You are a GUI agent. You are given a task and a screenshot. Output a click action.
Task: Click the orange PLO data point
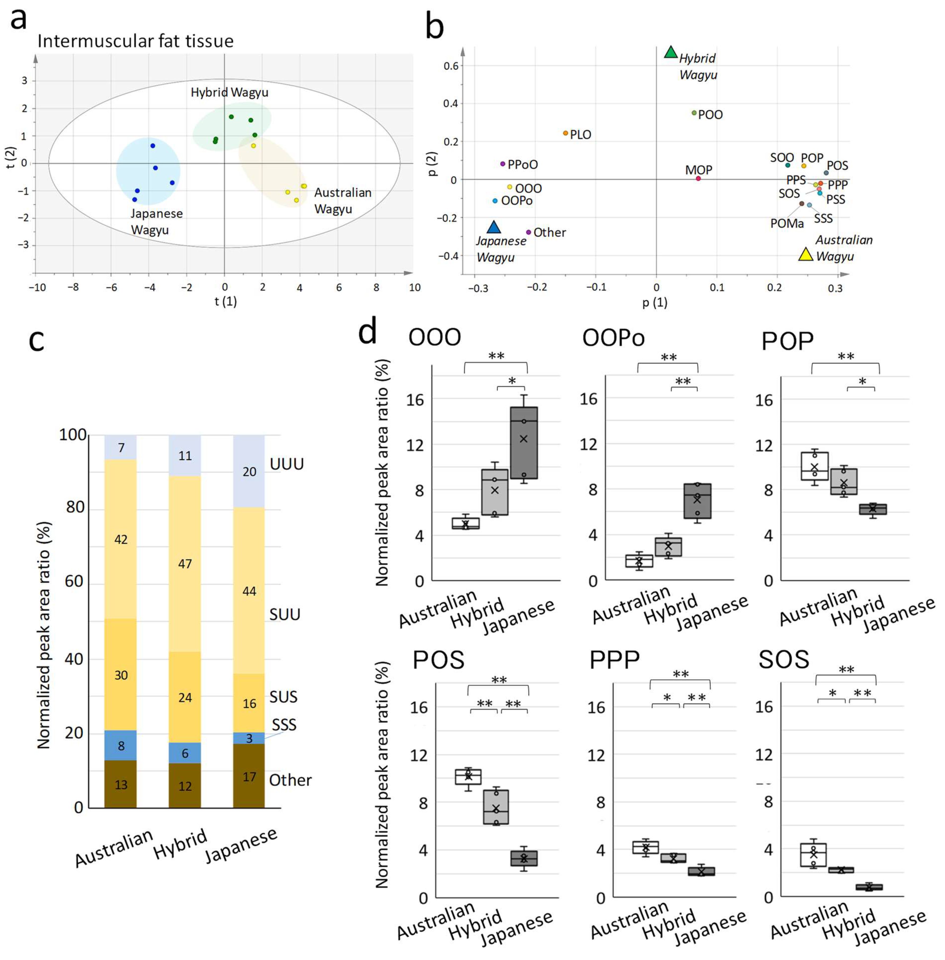pos(565,133)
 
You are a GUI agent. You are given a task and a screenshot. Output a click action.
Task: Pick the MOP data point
pos(698,178)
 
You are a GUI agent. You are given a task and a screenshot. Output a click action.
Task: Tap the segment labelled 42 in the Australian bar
pos(121,540)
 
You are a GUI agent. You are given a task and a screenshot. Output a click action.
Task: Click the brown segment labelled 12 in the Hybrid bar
pos(185,785)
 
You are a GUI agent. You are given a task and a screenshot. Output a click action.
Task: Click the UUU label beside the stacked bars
pos(286,464)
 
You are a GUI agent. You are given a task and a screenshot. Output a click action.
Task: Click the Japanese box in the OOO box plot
pos(524,443)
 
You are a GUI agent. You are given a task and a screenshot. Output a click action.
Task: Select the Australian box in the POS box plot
pos(468,777)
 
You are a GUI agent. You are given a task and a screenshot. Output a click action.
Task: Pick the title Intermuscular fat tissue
pos(135,41)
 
